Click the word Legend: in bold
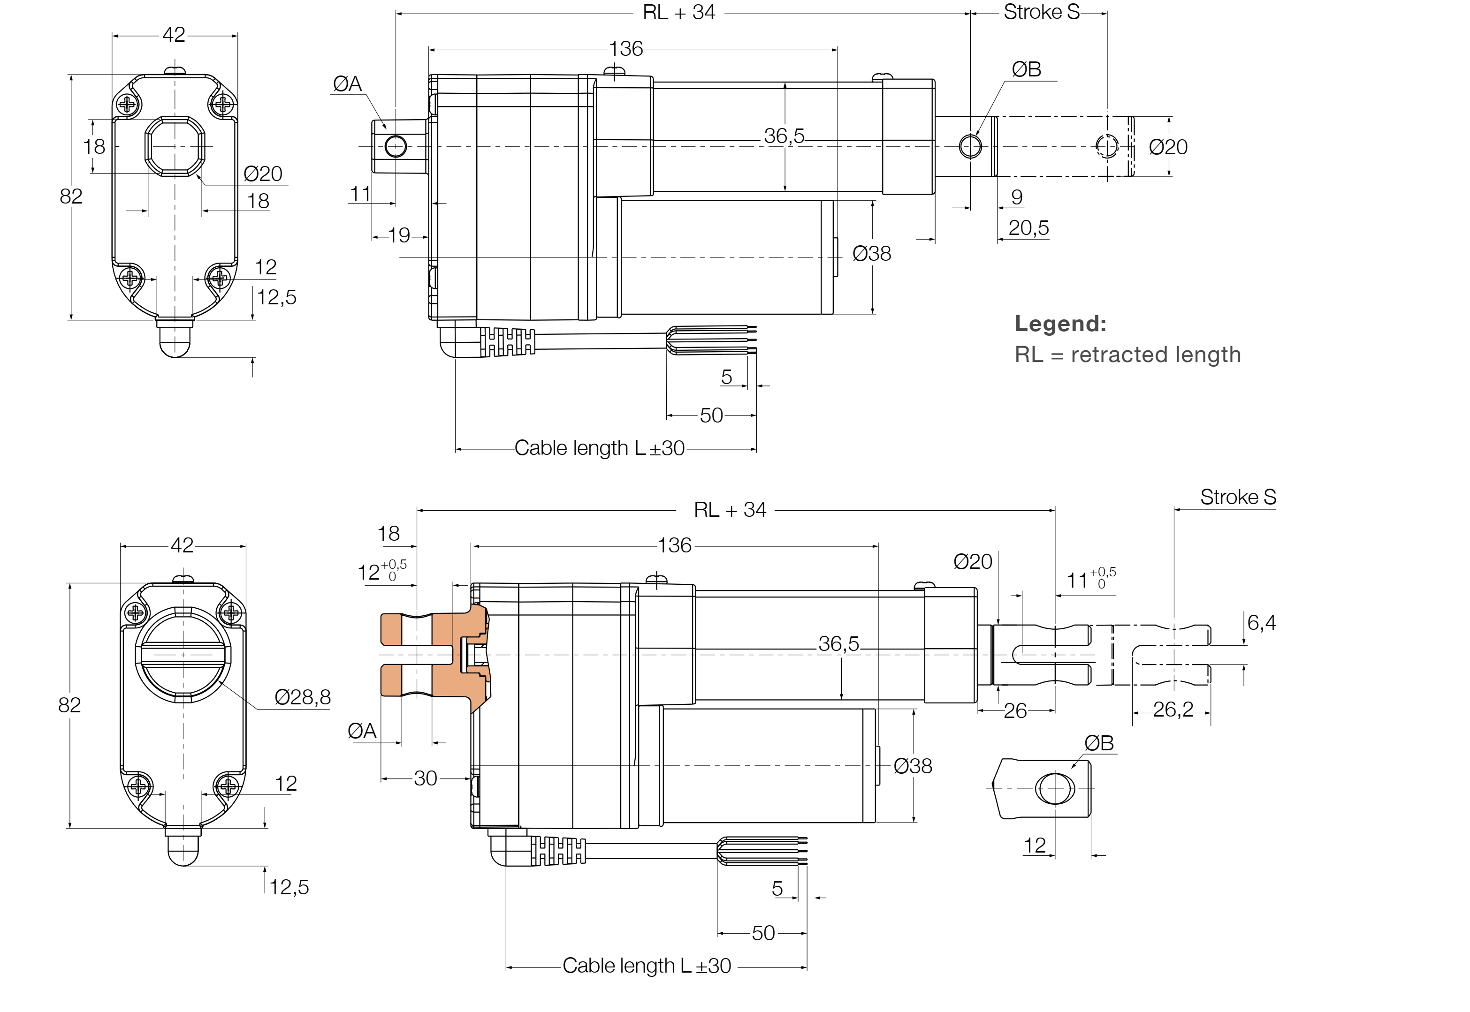(x=1059, y=324)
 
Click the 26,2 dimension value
(x=1173, y=709)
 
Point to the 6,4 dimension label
(x=1261, y=623)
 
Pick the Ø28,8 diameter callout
(x=302, y=697)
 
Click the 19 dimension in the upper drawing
(x=399, y=235)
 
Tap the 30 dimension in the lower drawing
(x=425, y=778)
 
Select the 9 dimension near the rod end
(x=1016, y=197)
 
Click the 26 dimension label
(x=1014, y=711)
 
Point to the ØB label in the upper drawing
(x=1026, y=69)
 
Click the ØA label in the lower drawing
(x=362, y=731)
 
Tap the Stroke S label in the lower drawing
(x=1237, y=497)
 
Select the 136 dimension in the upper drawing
(x=625, y=49)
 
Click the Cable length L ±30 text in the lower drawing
(x=647, y=966)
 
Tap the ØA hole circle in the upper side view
(x=395, y=146)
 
